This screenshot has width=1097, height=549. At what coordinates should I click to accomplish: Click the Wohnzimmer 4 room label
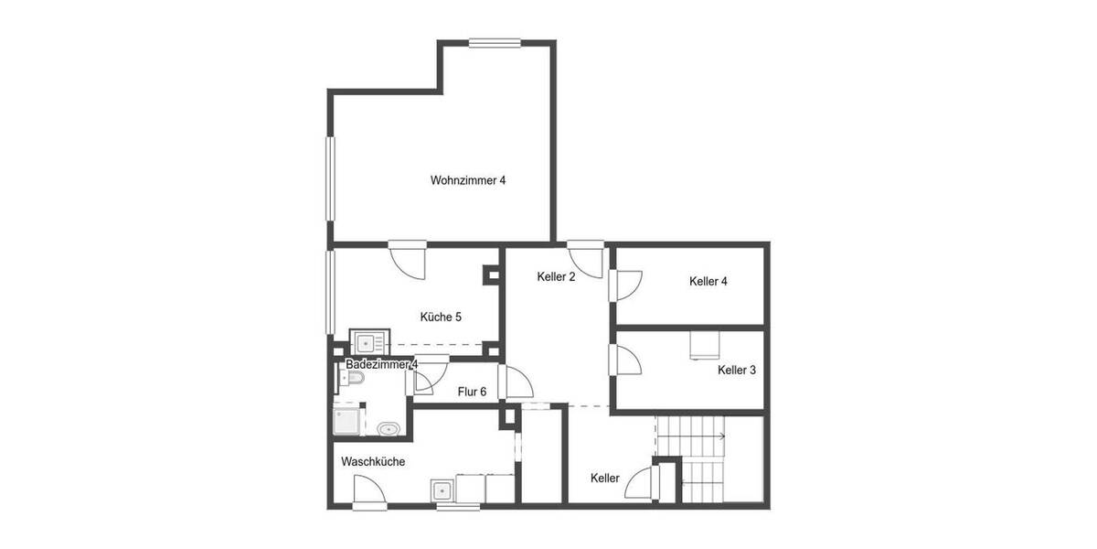pyautogui.click(x=468, y=180)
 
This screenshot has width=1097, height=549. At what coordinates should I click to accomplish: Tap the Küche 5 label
pyautogui.click(x=441, y=318)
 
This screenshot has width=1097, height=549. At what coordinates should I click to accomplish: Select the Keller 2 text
pyautogui.click(x=556, y=276)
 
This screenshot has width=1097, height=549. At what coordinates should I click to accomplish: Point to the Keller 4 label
pyautogui.click(x=708, y=282)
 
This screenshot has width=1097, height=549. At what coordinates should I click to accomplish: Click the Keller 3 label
pyautogui.click(x=737, y=371)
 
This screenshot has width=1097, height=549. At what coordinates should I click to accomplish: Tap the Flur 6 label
pyautogui.click(x=472, y=392)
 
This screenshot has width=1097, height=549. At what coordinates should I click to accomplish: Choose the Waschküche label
pyautogui.click(x=373, y=462)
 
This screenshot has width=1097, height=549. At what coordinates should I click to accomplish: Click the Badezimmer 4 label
pyautogui.click(x=382, y=364)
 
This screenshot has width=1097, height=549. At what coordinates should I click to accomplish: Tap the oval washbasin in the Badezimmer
pyautogui.click(x=389, y=428)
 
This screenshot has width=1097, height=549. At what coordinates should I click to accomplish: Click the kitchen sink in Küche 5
pyautogui.click(x=368, y=343)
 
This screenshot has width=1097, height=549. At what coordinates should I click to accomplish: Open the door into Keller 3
pyautogui.click(x=628, y=360)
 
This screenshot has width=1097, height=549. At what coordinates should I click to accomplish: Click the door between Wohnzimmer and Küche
pyautogui.click(x=408, y=259)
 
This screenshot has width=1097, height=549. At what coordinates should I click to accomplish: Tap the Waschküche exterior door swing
pyautogui.click(x=370, y=492)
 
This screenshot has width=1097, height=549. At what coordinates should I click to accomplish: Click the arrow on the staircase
pyautogui.click(x=722, y=436)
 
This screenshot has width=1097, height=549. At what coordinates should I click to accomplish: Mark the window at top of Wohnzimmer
pyautogui.click(x=495, y=42)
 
